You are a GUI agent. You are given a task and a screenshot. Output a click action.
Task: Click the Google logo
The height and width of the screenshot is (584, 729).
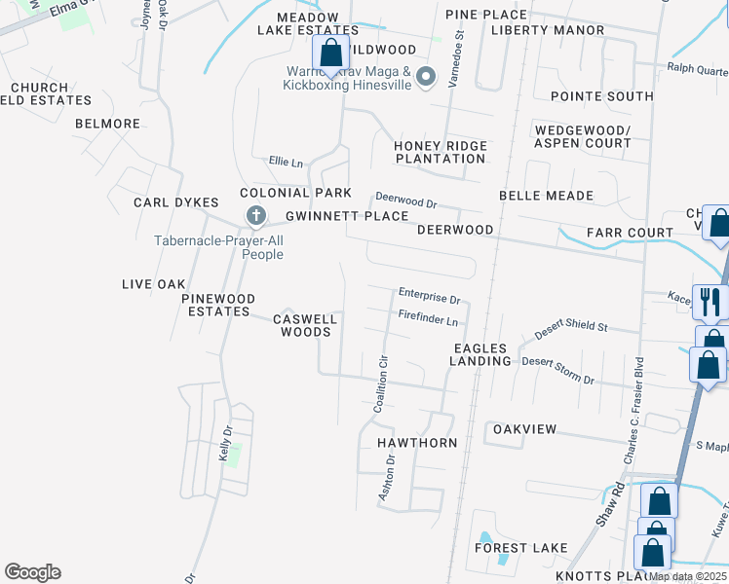point(33,572)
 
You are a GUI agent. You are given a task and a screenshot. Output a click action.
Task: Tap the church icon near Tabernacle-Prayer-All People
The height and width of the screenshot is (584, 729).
point(255,215)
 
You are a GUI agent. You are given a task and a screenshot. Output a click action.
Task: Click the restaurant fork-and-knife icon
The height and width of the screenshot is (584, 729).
point(709,301)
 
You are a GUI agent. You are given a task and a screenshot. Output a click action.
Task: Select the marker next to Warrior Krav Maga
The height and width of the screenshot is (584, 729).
point(425,76)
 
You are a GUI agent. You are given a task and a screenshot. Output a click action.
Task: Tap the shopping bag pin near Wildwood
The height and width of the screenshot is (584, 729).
point(330,55)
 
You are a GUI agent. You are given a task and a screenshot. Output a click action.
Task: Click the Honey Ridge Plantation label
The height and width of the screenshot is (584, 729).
point(441,152)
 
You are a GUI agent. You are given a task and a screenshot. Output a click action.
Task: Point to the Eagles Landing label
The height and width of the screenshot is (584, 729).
point(480,354)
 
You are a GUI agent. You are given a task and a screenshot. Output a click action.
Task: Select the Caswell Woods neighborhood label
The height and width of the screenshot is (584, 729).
point(305,325)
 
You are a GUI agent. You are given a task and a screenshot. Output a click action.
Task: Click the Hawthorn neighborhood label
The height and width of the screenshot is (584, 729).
point(417,443)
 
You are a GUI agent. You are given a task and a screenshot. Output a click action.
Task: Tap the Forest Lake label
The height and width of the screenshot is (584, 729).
point(521,548)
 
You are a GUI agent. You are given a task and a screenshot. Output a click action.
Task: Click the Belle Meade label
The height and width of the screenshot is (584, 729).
point(546,196)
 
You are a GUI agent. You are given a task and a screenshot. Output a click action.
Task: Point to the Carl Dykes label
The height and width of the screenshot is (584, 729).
point(176,202)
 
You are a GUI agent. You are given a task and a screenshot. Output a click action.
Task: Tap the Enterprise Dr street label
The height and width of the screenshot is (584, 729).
point(429,294)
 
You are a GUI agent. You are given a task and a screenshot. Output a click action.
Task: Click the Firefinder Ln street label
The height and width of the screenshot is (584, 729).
point(428,317)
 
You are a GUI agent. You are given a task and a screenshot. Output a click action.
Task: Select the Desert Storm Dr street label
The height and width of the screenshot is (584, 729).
point(557,369)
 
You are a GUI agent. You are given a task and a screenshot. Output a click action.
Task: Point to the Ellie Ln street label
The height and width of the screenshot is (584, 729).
point(286,162)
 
